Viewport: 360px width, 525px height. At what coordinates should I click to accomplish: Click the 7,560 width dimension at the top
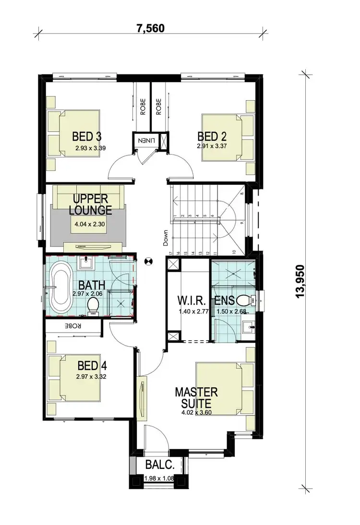click(151, 28)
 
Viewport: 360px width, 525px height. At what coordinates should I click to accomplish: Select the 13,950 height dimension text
click(301, 281)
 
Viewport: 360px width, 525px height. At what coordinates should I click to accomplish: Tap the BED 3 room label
click(87, 136)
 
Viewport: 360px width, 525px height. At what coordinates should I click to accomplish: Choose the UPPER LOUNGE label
click(90, 204)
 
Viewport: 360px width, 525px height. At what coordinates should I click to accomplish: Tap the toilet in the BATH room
click(93, 305)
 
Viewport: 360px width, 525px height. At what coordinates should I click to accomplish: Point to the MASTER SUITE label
click(196, 397)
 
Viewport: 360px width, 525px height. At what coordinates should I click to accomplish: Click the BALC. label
click(157, 465)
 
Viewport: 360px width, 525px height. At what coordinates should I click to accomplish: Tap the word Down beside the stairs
click(166, 238)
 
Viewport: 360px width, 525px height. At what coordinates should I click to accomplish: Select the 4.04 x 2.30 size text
click(90, 224)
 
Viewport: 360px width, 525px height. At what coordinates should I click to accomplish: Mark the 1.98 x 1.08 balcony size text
click(160, 478)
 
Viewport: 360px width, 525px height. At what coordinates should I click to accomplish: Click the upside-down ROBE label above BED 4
click(74, 325)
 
